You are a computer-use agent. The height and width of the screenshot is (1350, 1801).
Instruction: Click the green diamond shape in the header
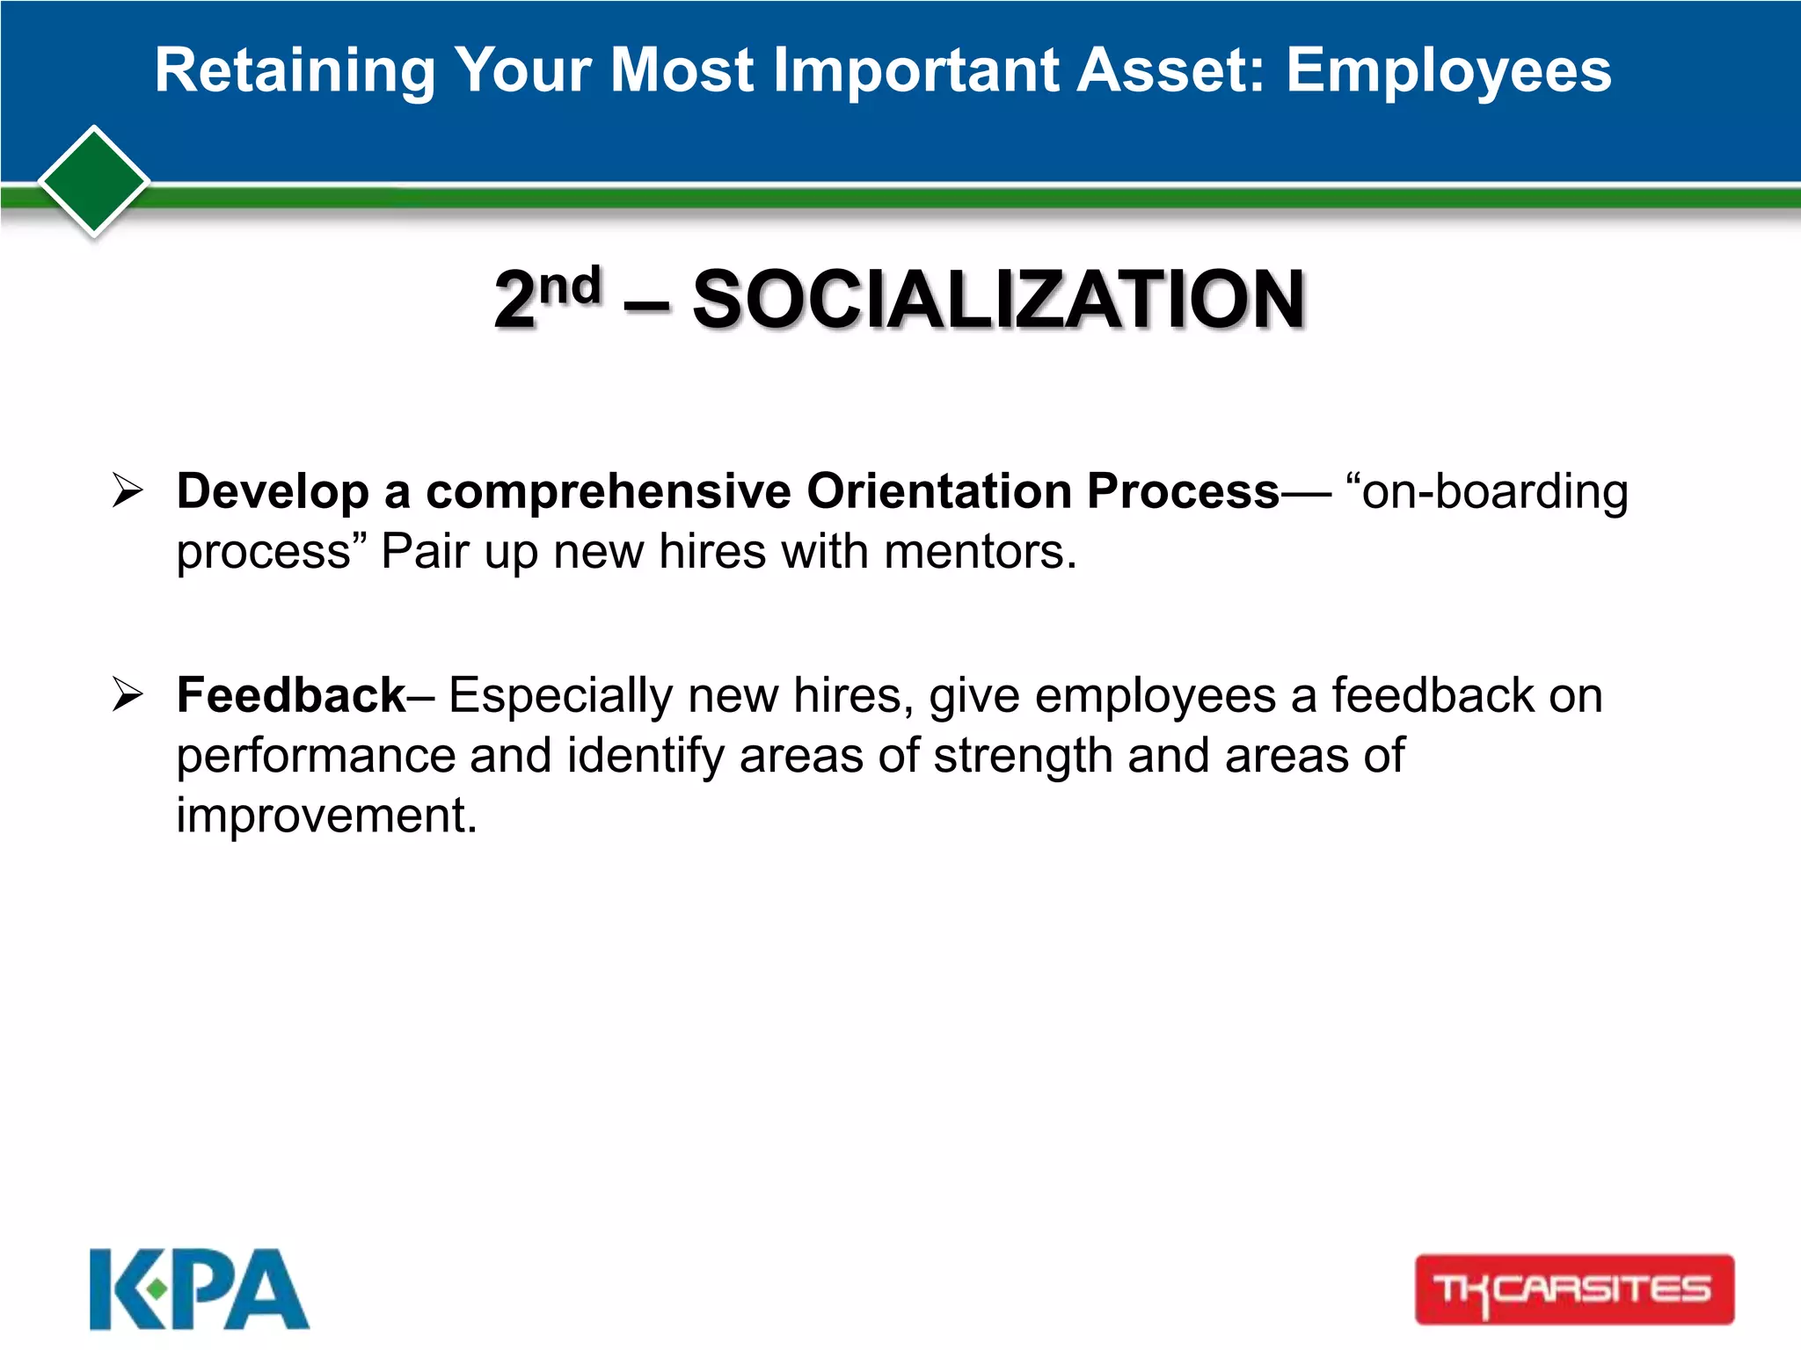(94, 182)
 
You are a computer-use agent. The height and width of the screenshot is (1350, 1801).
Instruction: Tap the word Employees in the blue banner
(1448, 70)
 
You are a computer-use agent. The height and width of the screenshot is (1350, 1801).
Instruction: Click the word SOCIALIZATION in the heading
(998, 301)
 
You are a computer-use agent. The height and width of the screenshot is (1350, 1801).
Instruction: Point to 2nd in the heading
(547, 299)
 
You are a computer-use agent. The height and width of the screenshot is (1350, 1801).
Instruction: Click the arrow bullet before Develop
(128, 490)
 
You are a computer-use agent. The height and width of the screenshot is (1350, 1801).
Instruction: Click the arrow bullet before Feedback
(128, 695)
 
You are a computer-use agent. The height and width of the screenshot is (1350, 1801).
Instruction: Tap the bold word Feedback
(291, 695)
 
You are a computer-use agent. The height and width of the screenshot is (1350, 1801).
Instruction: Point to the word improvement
(325, 816)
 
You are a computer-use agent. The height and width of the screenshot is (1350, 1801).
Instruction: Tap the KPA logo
(200, 1288)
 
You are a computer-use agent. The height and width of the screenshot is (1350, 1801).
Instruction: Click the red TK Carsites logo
(1574, 1288)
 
